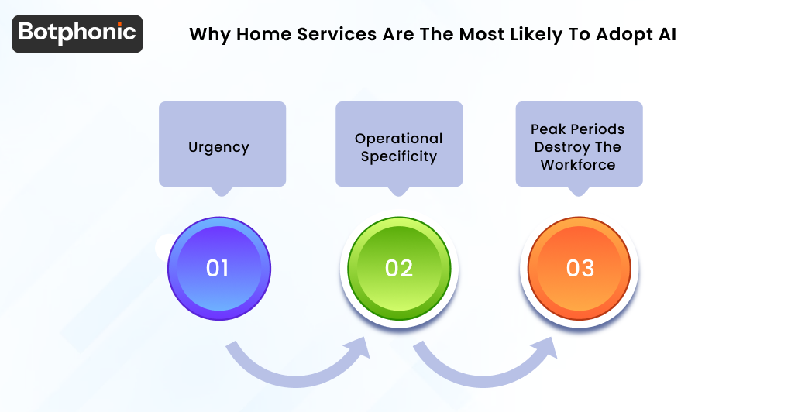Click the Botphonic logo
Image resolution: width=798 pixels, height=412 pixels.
click(x=77, y=33)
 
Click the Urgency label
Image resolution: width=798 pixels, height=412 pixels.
click(x=218, y=147)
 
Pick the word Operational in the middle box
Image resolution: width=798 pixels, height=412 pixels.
click(x=398, y=139)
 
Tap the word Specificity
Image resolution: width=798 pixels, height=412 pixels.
click(x=398, y=156)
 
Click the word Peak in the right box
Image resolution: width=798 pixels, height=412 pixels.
click(x=548, y=129)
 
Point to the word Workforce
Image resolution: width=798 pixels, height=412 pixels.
click(x=578, y=165)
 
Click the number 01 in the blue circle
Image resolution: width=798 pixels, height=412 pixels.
click(x=218, y=268)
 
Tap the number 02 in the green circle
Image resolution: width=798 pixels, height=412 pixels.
click(x=398, y=268)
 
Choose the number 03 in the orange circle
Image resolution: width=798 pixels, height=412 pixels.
click(x=580, y=268)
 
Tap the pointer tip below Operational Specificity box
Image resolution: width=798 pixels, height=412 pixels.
click(x=399, y=191)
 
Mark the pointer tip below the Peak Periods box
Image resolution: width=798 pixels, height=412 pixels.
click(x=579, y=191)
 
